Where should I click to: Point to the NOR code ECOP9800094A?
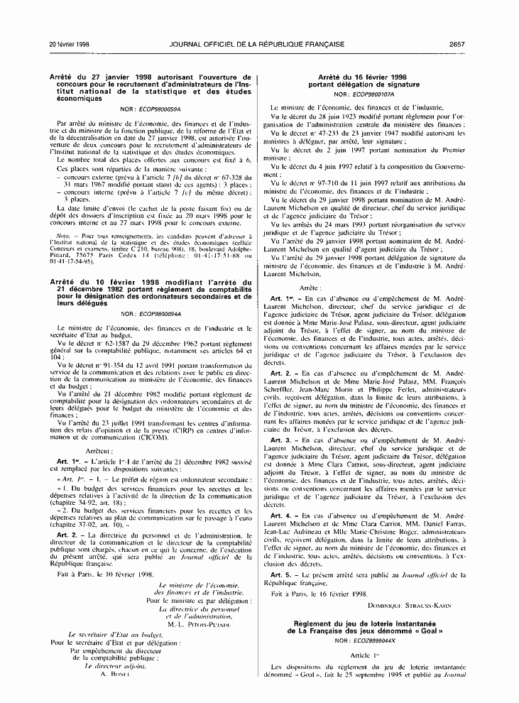(x=158, y=313)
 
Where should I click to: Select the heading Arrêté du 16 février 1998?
(x=362, y=76)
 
